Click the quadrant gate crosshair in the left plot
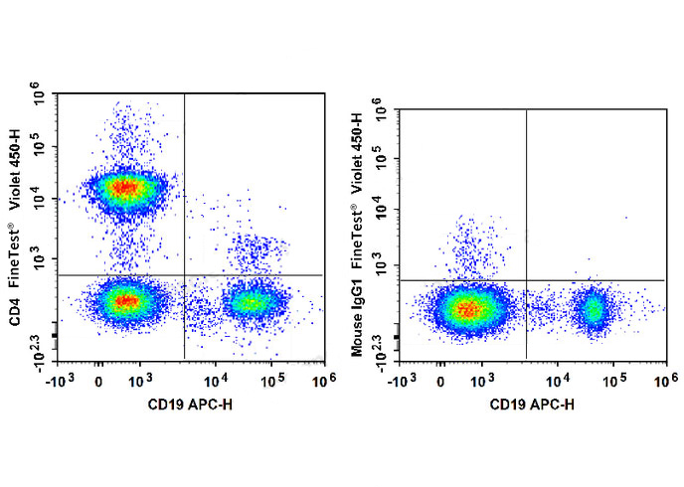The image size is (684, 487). [x=185, y=274]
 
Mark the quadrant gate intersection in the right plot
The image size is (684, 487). [x=526, y=280]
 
